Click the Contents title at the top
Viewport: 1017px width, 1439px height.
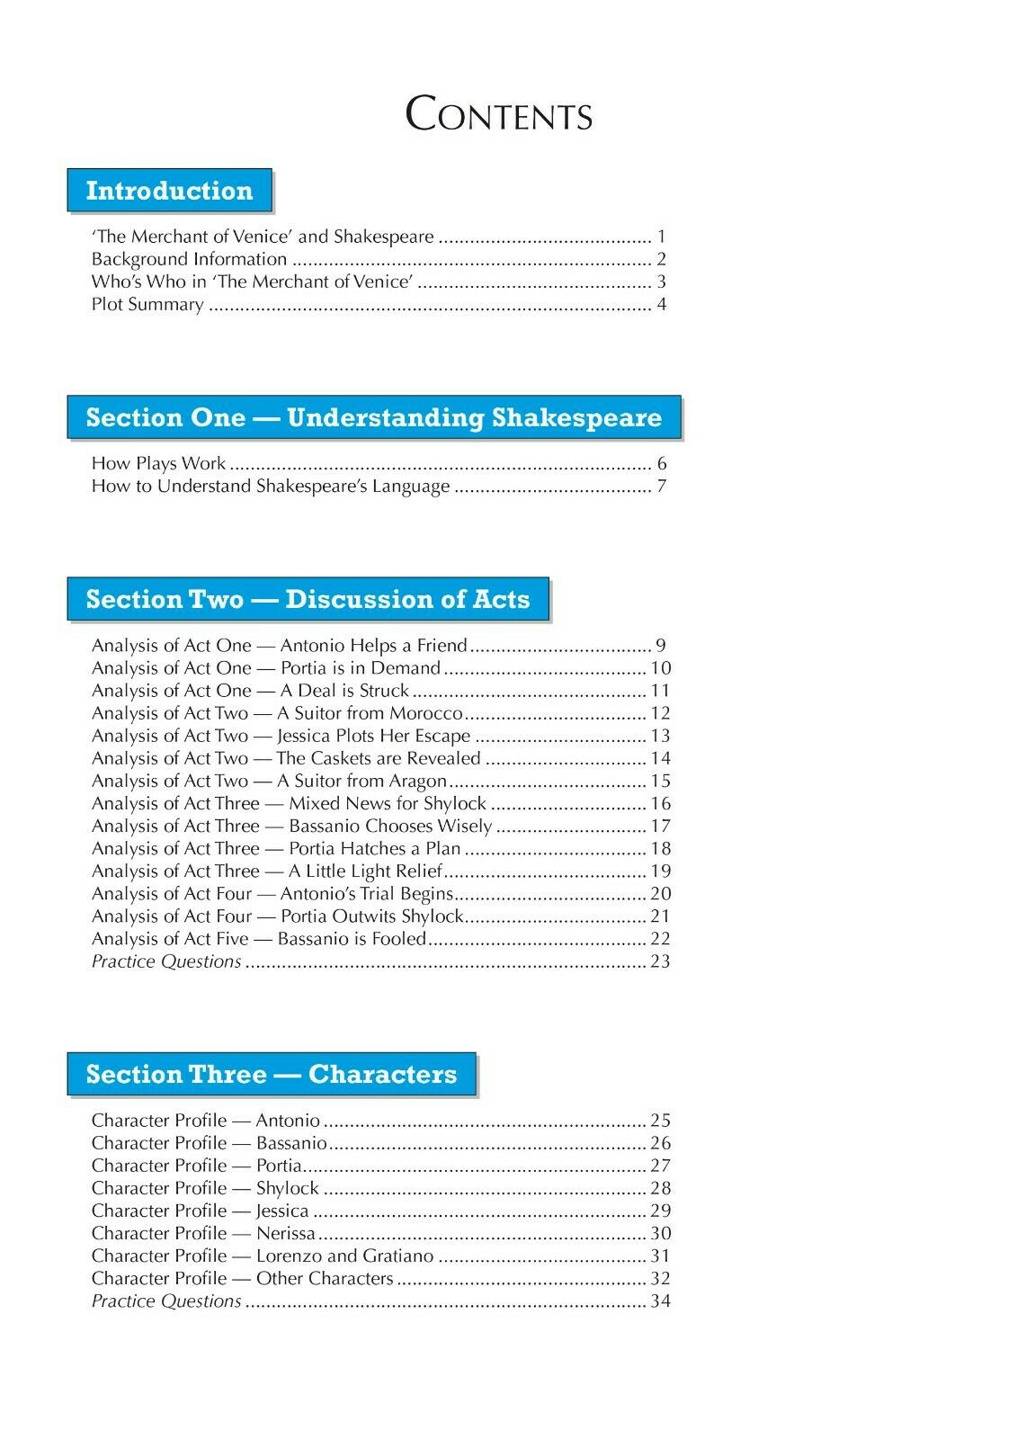pos(499,116)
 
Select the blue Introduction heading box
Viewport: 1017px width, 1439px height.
pos(169,191)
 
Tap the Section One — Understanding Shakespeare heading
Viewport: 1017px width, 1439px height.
pos(373,417)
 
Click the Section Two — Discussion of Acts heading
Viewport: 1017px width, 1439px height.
pos(308,599)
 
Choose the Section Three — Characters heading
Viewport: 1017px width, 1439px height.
pos(271,1074)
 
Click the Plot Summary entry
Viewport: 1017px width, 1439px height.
pos(147,304)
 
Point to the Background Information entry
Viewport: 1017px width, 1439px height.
pos(189,259)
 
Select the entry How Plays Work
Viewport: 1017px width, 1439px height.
pos(158,464)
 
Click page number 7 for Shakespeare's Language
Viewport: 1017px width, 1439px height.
pos(662,487)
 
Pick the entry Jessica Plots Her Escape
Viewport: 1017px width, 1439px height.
pos(374,736)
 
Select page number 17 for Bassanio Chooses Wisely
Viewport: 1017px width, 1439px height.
pos(661,826)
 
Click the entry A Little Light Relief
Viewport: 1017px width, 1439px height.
pos(366,871)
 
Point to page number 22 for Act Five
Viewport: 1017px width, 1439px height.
pos(661,938)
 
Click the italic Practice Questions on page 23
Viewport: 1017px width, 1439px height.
pos(166,961)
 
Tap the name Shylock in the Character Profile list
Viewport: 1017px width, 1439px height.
pos(288,1188)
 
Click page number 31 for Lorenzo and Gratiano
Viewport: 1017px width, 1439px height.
pos(661,1256)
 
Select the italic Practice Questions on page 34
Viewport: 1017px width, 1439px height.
pos(166,1300)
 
